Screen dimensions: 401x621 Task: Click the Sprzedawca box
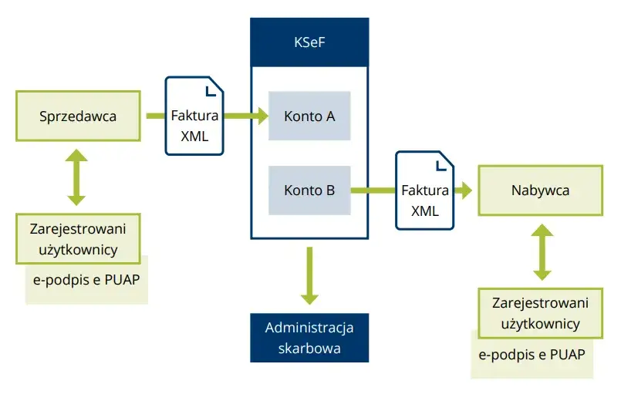78,116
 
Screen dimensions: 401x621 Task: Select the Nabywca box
540,190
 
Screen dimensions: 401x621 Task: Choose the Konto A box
309,116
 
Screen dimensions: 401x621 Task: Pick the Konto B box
309,190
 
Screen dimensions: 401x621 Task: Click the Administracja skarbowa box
309,338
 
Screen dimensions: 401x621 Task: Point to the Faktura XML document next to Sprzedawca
194,116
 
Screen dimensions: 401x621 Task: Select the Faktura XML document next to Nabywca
425,190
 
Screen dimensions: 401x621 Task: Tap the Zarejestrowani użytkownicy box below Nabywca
540,312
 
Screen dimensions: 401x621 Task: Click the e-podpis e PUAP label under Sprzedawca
86,279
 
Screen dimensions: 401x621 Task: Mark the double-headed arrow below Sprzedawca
77,177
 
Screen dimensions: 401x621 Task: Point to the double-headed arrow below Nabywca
542,252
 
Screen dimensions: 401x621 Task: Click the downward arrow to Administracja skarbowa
309,276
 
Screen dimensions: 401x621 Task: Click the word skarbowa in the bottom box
309,348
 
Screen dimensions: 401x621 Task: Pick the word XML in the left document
194,136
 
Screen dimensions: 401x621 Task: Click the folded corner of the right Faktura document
443,164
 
